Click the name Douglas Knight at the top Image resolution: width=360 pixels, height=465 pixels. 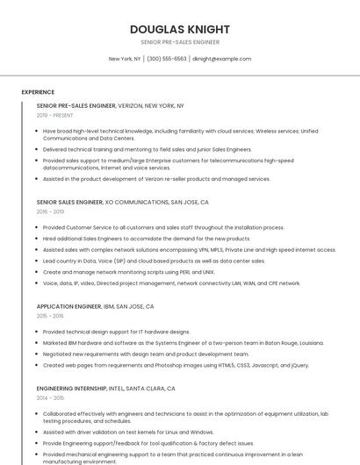[x=179, y=29]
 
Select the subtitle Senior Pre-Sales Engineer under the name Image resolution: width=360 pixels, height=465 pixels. [x=179, y=42]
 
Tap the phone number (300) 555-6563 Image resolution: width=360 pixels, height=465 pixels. [x=167, y=59]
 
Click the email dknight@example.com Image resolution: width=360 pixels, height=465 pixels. [x=221, y=59]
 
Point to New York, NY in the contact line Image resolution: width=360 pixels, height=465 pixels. [x=125, y=59]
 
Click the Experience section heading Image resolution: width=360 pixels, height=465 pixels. [x=38, y=92]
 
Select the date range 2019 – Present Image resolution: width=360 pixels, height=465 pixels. [x=55, y=115]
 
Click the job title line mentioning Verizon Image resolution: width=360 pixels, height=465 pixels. [x=110, y=105]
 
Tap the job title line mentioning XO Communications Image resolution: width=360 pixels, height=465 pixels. [x=122, y=202]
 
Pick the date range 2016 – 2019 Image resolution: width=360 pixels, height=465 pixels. [x=50, y=211]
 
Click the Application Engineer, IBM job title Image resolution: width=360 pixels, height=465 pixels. [x=95, y=307]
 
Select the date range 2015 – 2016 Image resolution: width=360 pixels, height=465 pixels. [x=50, y=316]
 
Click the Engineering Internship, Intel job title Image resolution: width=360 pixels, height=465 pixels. [x=105, y=388]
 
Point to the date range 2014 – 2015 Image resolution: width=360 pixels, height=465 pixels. [x=50, y=397]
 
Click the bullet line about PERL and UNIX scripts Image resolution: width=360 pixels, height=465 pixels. [x=128, y=272]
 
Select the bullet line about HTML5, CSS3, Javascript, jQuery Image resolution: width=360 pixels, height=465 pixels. [x=176, y=365]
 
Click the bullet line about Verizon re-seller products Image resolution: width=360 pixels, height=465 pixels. [x=156, y=179]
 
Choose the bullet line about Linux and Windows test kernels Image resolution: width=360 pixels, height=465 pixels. [x=128, y=432]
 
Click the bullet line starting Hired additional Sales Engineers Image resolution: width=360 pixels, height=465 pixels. [x=147, y=238]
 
